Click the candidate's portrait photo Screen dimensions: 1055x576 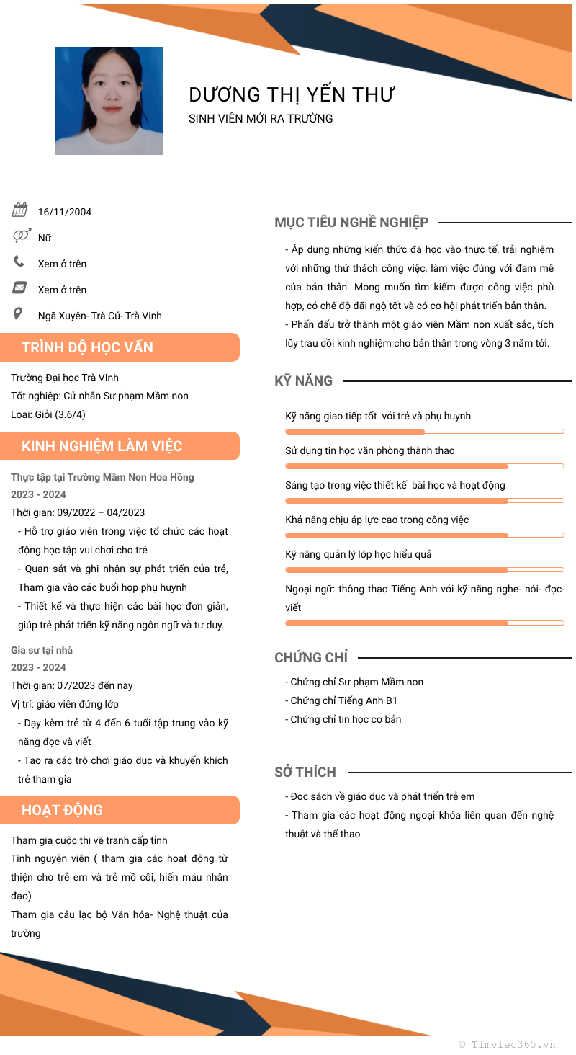[x=109, y=101]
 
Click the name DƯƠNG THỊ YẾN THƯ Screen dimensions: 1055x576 [x=292, y=94]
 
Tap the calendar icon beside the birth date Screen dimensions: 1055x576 [x=20, y=210]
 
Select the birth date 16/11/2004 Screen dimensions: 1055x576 [x=65, y=212]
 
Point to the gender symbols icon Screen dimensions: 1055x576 [x=22, y=236]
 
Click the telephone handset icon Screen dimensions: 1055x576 [x=19, y=262]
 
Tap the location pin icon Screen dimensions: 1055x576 [x=19, y=314]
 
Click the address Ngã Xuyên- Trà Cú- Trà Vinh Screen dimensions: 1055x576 [x=100, y=316]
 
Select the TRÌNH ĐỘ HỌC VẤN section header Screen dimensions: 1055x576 [x=88, y=347]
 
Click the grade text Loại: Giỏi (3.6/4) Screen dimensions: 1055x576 [x=48, y=414]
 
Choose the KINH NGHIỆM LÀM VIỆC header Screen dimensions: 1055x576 [x=102, y=446]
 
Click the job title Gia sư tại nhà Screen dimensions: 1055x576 [x=42, y=650]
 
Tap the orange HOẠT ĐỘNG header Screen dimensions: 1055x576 [x=63, y=810]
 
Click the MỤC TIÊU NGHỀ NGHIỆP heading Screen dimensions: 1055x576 [x=351, y=223]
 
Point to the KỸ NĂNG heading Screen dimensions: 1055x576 [x=303, y=380]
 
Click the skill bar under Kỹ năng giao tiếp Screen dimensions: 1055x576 [x=424, y=432]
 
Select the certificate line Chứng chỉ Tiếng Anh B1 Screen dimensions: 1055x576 [x=341, y=700]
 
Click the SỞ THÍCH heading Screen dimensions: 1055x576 [x=305, y=772]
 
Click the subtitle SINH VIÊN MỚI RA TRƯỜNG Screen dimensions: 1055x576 [x=261, y=119]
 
